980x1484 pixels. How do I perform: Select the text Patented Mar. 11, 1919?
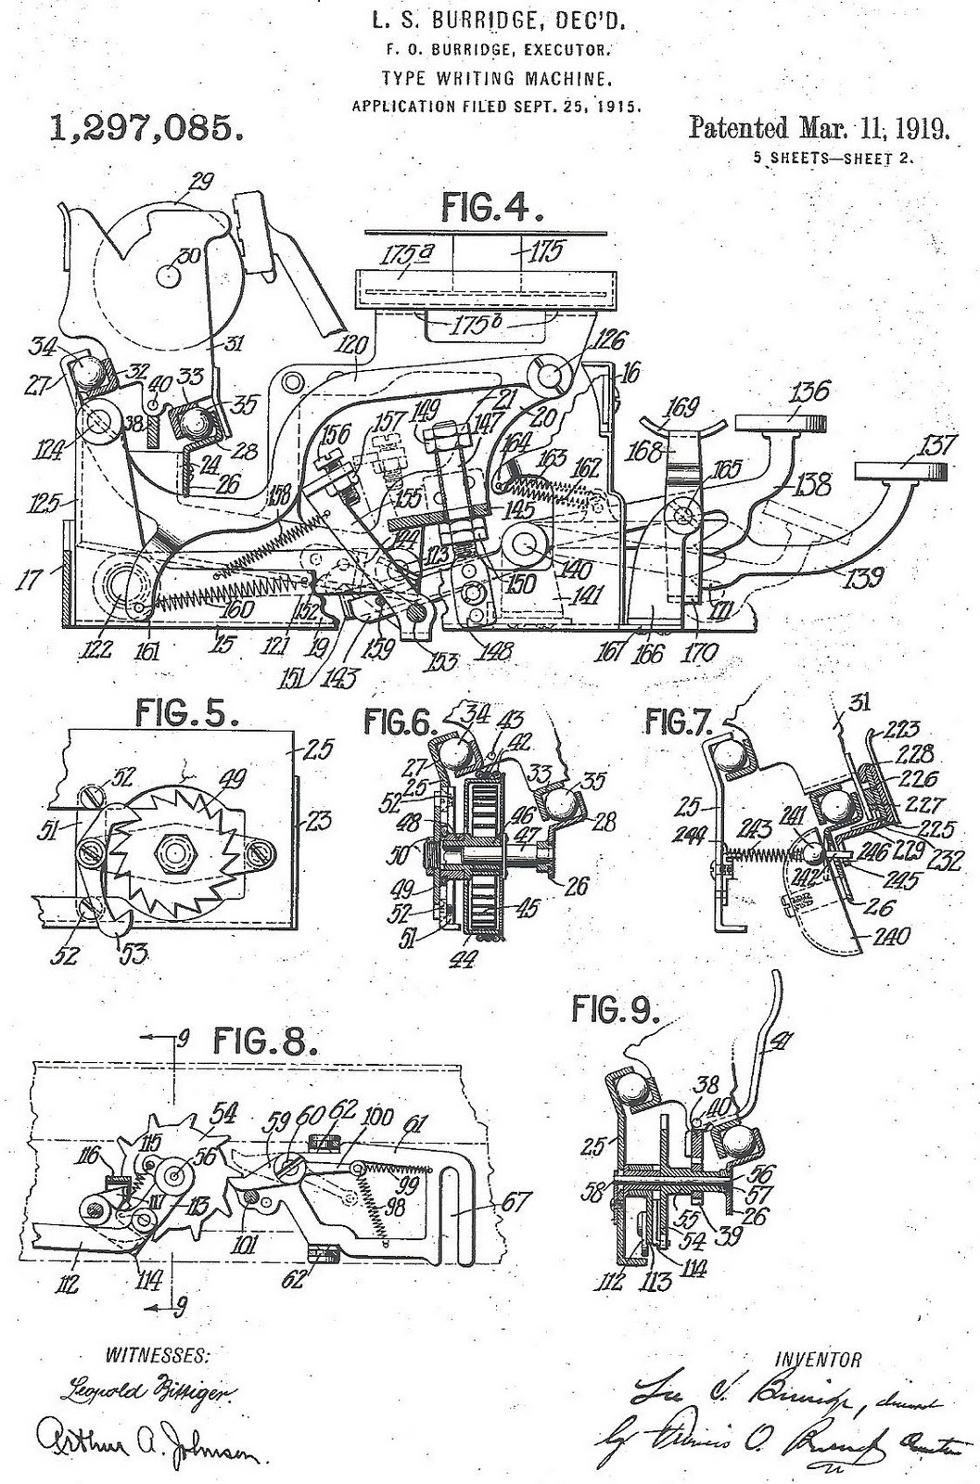(819, 128)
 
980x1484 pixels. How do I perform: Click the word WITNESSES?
(155, 1355)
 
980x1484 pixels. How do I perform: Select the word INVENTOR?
(817, 1361)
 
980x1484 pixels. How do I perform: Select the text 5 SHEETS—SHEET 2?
(834, 157)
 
